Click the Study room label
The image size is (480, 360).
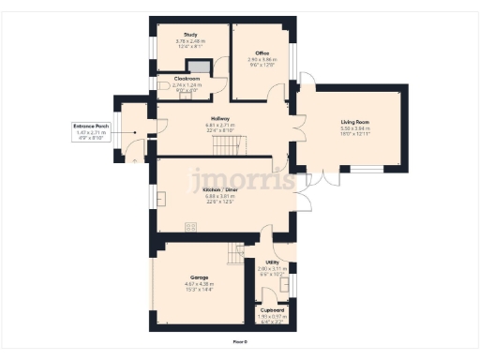[x=189, y=34]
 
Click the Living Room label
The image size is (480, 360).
[x=355, y=122]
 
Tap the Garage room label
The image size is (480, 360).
[x=200, y=278]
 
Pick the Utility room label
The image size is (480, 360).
[x=272, y=262]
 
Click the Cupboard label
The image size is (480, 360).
[x=272, y=309]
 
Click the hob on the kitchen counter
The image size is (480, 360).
[x=191, y=226]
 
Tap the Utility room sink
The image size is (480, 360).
[x=286, y=283]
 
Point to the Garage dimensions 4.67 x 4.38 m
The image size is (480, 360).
[x=200, y=285]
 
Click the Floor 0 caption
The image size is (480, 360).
[x=240, y=343]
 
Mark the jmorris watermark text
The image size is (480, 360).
[x=242, y=179]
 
